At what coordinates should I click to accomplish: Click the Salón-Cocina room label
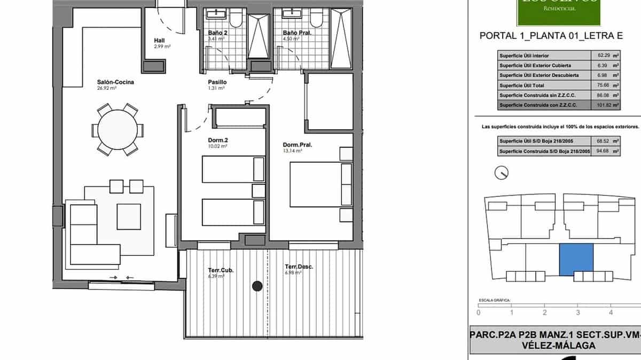pos(115,82)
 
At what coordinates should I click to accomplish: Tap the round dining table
pos(118,130)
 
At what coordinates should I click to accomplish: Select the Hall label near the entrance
pos(159,40)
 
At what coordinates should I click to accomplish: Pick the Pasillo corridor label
pos(217,82)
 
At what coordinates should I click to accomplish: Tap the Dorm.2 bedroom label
pos(218,141)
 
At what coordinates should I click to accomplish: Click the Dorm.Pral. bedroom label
pos(298,144)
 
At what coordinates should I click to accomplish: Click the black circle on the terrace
pos(257,286)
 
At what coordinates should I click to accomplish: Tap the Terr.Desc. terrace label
pos(299,267)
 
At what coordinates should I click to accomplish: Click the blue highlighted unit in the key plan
pos(576,260)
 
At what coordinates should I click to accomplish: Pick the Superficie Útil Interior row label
pos(524,56)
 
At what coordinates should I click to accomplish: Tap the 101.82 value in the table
pos(603,105)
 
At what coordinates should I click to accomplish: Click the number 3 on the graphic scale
pos(577,312)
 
